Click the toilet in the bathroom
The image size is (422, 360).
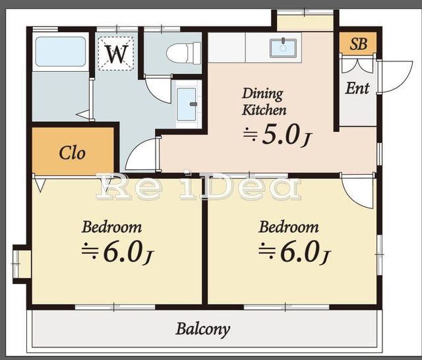point(184,53)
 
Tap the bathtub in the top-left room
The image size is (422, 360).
point(61,51)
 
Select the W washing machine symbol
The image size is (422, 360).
point(116,54)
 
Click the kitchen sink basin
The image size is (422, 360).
point(283,48)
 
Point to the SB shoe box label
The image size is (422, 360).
point(358,44)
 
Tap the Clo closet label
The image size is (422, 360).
point(72,153)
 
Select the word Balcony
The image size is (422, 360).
point(203,329)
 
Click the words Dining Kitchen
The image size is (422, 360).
point(264,102)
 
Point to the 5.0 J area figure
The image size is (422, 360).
point(278,135)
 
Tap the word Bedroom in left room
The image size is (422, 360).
point(111,227)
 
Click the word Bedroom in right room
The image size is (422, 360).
point(289,227)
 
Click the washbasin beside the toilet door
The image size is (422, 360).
point(186,104)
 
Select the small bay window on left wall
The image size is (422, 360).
point(21,264)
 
